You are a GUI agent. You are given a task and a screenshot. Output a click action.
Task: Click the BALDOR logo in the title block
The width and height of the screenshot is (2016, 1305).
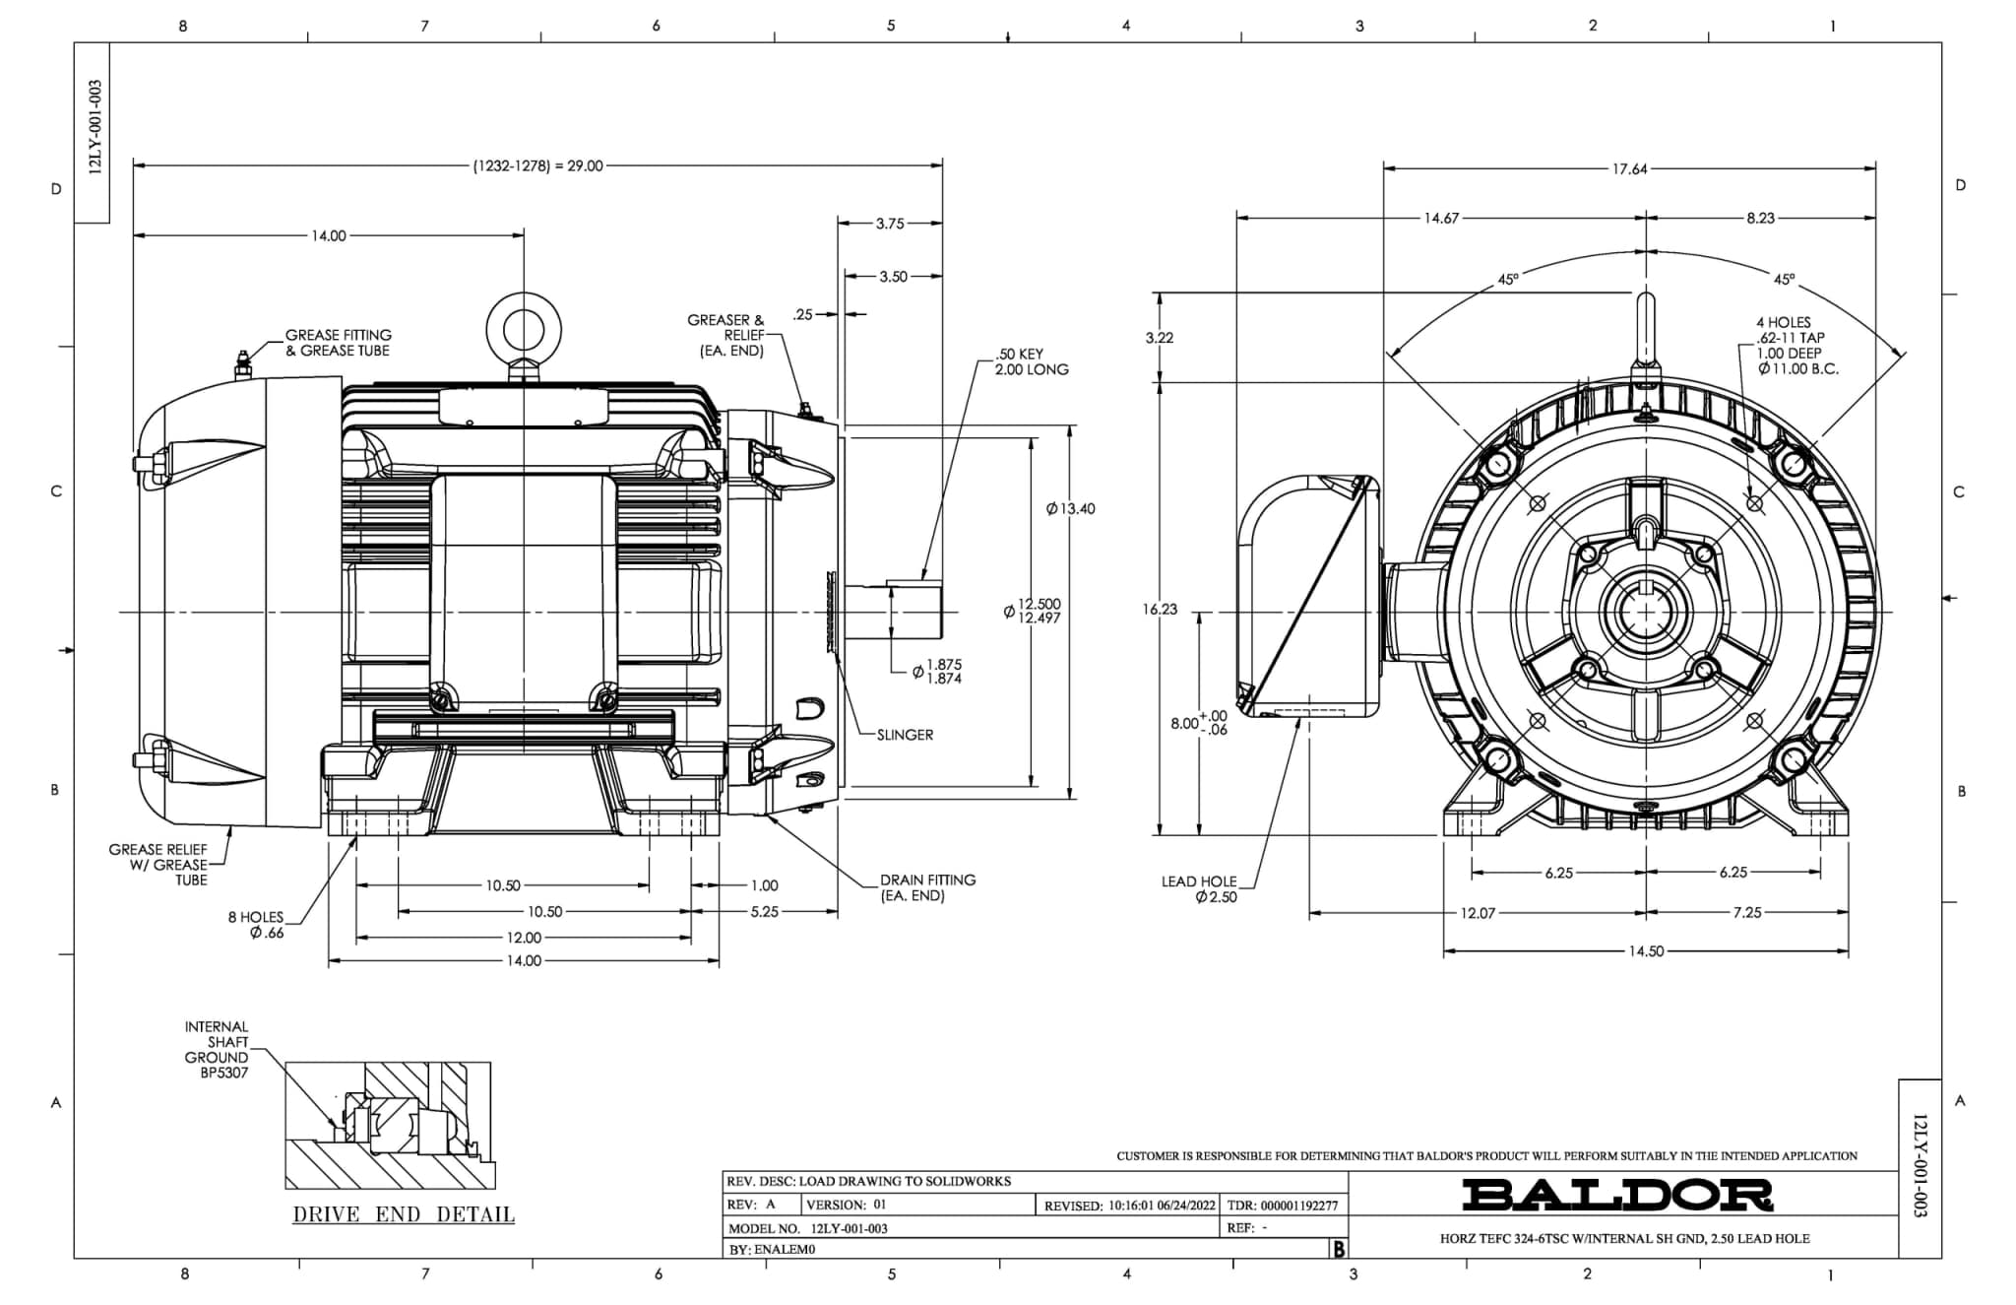(x=1616, y=1195)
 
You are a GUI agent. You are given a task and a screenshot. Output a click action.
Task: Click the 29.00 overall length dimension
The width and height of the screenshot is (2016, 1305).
(x=538, y=166)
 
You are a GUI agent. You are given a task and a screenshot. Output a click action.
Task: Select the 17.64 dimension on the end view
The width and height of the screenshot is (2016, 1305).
(x=1629, y=169)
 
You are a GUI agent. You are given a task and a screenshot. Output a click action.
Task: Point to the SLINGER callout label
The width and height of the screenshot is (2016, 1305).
(x=905, y=735)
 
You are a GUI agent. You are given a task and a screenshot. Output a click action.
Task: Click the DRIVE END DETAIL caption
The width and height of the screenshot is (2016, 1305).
(x=404, y=1214)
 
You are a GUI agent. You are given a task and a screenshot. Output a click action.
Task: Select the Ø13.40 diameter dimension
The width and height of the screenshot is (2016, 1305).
(x=1070, y=509)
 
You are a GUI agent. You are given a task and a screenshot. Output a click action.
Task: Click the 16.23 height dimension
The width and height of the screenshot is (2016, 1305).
(x=1160, y=610)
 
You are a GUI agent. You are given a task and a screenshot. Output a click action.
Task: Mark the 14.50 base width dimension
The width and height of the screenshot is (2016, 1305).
(x=1646, y=951)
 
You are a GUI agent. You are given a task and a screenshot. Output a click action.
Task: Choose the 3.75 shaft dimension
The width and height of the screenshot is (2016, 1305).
(x=890, y=224)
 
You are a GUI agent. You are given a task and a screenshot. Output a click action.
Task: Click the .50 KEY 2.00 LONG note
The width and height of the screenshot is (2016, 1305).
(x=1031, y=361)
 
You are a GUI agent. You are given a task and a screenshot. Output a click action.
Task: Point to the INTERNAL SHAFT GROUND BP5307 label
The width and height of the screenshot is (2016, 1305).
(x=217, y=1050)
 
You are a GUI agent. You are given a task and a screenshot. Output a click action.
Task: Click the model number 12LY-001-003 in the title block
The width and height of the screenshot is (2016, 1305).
(x=849, y=1229)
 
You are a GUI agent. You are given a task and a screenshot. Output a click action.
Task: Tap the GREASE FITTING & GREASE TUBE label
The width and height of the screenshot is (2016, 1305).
(x=338, y=343)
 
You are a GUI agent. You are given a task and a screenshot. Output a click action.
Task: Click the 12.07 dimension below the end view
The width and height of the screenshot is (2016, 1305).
(x=1478, y=913)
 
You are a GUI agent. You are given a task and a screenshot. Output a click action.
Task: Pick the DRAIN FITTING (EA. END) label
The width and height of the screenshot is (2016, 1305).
(x=927, y=887)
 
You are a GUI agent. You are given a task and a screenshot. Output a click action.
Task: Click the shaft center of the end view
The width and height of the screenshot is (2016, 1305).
(x=1646, y=612)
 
